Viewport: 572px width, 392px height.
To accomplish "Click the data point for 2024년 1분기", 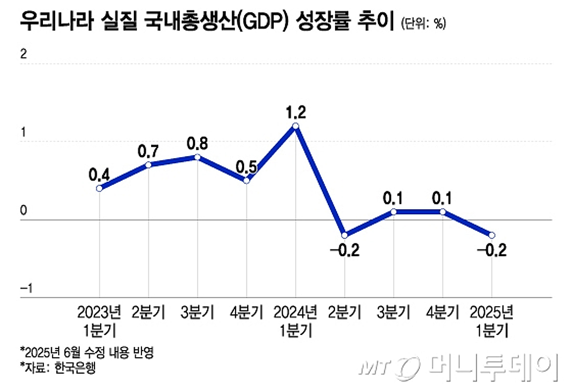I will tap(296, 126).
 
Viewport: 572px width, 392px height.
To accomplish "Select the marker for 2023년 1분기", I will tap(99, 188).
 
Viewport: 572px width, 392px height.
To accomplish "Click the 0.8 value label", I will tap(198, 144).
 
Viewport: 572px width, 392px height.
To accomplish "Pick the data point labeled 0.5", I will tap(246, 180).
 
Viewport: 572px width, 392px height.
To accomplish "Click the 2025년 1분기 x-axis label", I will tap(491, 321).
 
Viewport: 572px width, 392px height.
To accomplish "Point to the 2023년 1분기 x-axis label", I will tap(99, 321).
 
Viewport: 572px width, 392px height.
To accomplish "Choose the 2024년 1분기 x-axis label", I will tap(296, 321).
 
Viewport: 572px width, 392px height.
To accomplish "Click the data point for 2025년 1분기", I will tap(492, 235).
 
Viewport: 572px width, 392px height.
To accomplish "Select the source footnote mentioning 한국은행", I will tap(58, 368).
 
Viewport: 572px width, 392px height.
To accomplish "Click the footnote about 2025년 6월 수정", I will tap(88, 353).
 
